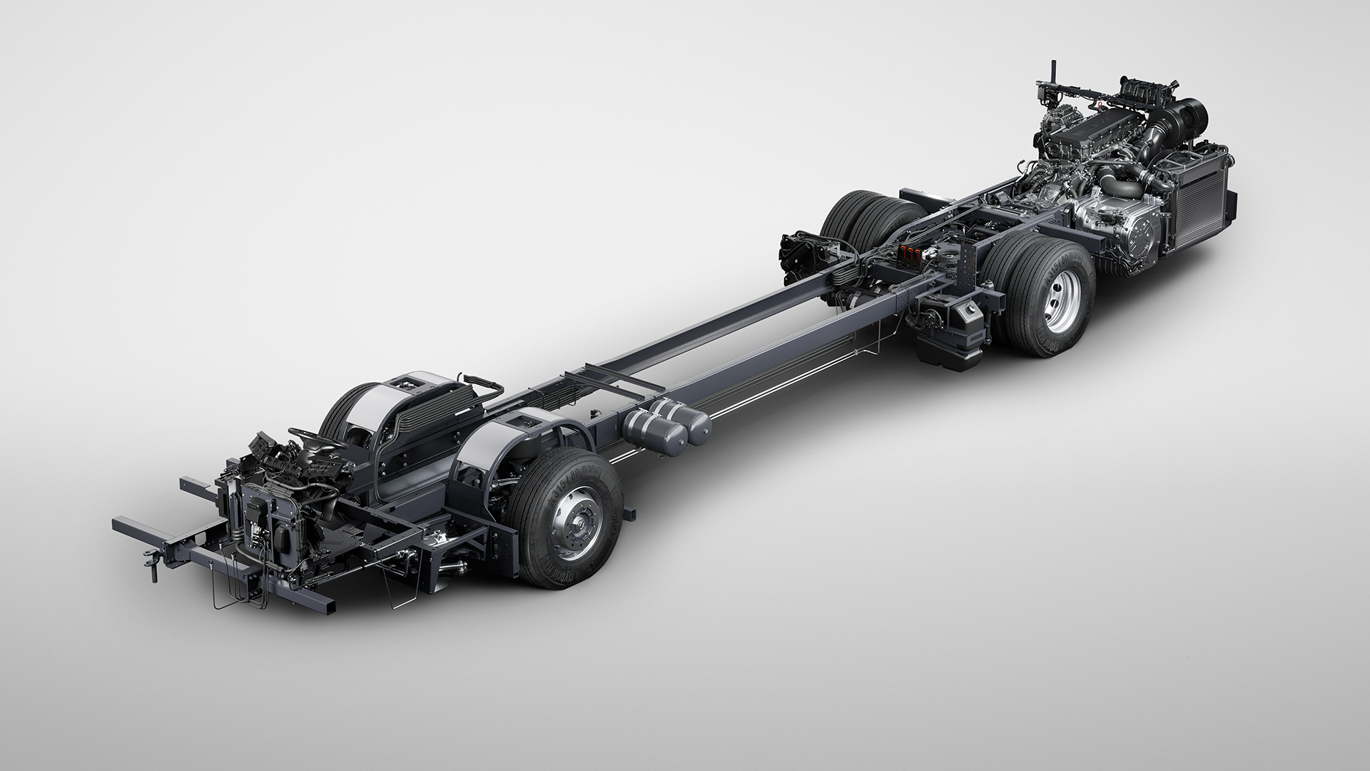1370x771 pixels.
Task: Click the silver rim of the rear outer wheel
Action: click(1055, 303)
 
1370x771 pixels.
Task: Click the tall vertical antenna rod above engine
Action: click(1051, 79)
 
